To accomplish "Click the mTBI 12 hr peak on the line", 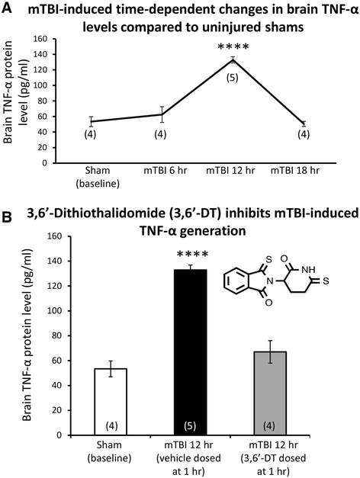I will pos(230,59).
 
